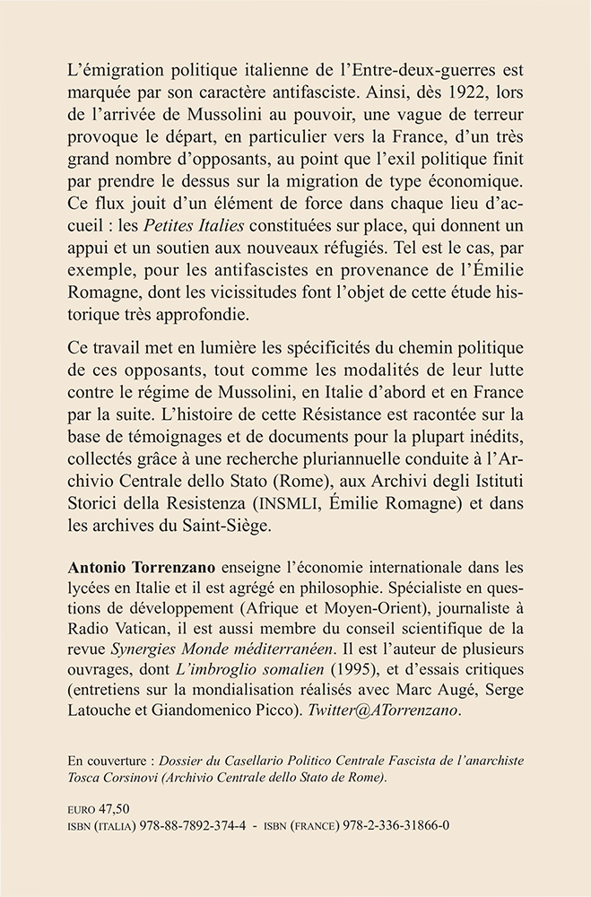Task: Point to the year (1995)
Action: [352, 684]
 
